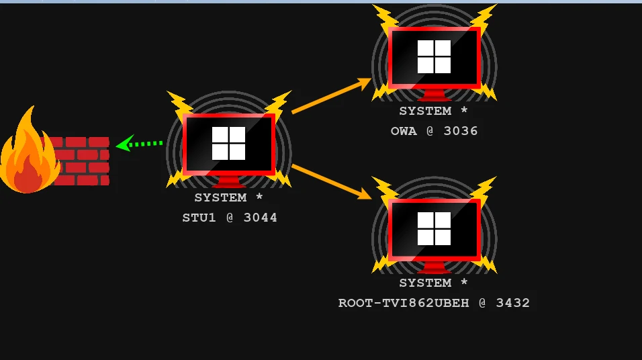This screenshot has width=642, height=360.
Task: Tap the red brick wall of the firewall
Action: click(81, 161)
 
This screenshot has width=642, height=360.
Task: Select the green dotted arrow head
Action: click(125, 143)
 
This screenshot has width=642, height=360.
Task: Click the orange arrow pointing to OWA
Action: click(331, 95)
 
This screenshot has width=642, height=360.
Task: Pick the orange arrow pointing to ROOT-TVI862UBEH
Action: click(331, 182)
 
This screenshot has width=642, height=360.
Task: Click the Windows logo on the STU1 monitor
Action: click(228, 143)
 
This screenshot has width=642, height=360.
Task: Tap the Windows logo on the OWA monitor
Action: click(434, 56)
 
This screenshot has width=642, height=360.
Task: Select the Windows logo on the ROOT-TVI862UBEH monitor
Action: click(434, 228)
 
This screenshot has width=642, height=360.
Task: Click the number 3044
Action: click(261, 218)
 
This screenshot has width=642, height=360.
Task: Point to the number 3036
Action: click(461, 131)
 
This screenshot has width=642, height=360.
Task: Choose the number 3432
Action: click(512, 303)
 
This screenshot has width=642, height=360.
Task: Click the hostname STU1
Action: click(199, 218)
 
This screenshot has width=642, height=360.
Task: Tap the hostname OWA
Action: click(404, 131)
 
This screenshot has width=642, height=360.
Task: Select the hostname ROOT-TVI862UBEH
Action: click(404, 303)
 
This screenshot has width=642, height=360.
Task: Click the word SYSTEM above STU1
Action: click(221, 197)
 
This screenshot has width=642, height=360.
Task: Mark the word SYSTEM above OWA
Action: click(425, 111)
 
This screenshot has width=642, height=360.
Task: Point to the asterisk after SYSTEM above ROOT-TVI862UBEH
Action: click(464, 282)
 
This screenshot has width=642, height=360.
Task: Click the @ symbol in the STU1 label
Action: click(230, 218)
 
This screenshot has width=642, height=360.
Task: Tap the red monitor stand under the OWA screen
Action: click(434, 95)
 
